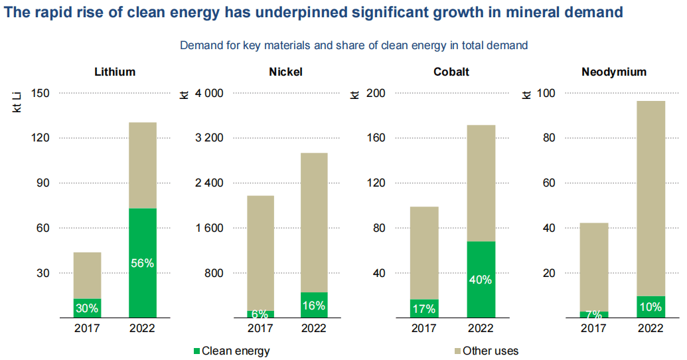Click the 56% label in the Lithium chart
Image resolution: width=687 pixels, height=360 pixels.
pos(142,263)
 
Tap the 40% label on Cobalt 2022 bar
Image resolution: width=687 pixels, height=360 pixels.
pos(480,280)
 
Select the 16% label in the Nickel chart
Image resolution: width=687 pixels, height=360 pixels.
pos(313,306)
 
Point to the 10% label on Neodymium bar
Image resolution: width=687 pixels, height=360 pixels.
pos(650,307)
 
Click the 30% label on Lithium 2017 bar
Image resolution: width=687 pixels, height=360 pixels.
pos(87,308)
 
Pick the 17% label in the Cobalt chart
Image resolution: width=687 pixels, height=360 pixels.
pos(423,308)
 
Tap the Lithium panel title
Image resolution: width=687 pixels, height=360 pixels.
pos(115,72)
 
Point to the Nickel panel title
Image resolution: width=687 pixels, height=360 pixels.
pos(285,72)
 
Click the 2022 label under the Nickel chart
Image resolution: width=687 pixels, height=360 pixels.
pos(313,328)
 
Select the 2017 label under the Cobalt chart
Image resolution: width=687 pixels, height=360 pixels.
pos(423,328)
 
